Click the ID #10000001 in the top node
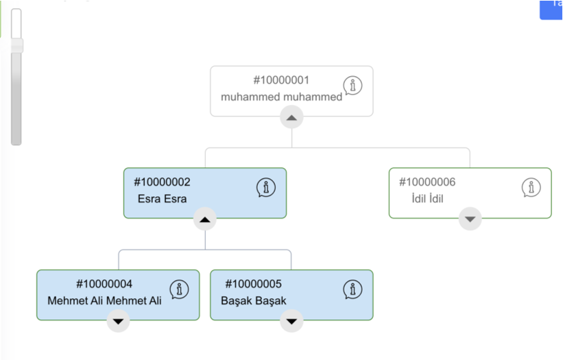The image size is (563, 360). [281, 80]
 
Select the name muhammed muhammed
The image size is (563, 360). [281, 97]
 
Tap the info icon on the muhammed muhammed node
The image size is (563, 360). [352, 86]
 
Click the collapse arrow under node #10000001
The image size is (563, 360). [291, 117]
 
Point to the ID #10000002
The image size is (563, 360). [162, 182]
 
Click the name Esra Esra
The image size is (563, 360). [163, 199]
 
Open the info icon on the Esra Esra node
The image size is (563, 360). [266, 187]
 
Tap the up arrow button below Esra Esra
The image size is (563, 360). [205, 219]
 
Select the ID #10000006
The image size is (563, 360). [427, 182]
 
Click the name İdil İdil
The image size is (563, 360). [427, 198]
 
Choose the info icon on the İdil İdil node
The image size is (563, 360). [531, 187]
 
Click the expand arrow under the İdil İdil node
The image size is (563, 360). [470, 219]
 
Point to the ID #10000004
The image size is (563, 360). [104, 284]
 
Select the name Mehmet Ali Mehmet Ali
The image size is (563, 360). [104, 301]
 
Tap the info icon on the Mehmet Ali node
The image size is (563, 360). [179, 289]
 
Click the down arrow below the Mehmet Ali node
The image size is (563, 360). [118, 321]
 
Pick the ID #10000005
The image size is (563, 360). [254, 284]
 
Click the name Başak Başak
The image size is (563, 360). [254, 301]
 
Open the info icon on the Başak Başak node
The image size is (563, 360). [352, 289]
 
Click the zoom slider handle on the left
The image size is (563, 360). [16, 45]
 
